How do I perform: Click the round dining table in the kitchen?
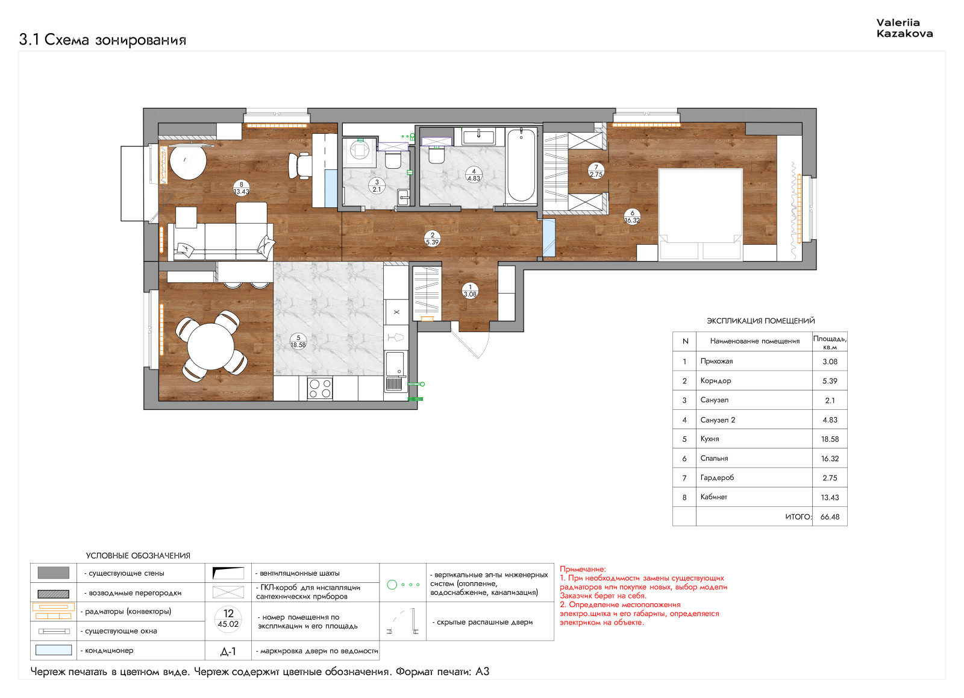click(x=210, y=347)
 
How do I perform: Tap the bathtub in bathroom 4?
click(x=521, y=165)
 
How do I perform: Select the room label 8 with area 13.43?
click(x=242, y=188)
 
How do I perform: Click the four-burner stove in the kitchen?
click(x=320, y=388)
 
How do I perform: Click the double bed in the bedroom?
click(x=700, y=215)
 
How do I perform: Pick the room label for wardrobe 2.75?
click(x=596, y=171)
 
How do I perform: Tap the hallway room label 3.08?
click(x=470, y=291)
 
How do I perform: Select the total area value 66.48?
click(x=830, y=517)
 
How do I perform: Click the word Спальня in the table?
click(x=714, y=458)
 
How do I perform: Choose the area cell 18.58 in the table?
click(x=830, y=439)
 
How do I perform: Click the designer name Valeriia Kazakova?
click(x=904, y=28)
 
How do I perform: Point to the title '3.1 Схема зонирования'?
click(x=102, y=40)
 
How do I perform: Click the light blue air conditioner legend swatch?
click(x=54, y=650)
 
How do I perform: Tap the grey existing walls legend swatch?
click(x=54, y=573)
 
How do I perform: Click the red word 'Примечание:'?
click(x=583, y=569)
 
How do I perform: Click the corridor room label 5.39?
click(x=432, y=239)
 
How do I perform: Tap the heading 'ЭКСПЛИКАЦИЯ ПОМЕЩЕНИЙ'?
click(x=761, y=321)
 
